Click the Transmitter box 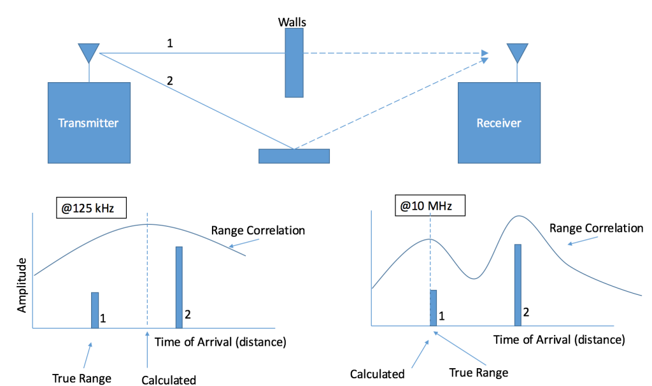pos(89,122)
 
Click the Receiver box pos(499,122)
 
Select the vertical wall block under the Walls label pos(294,63)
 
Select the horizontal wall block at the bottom pos(294,155)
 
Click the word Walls pos(292,22)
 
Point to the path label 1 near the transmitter pos(169,43)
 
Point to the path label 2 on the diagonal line pos(169,81)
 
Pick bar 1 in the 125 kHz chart pos(95,310)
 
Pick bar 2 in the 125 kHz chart pos(179,287)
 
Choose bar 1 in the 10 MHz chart pos(434,308)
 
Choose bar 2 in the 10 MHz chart pos(518,285)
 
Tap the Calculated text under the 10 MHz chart pos(378,374)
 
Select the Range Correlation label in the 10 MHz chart pos(597,228)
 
